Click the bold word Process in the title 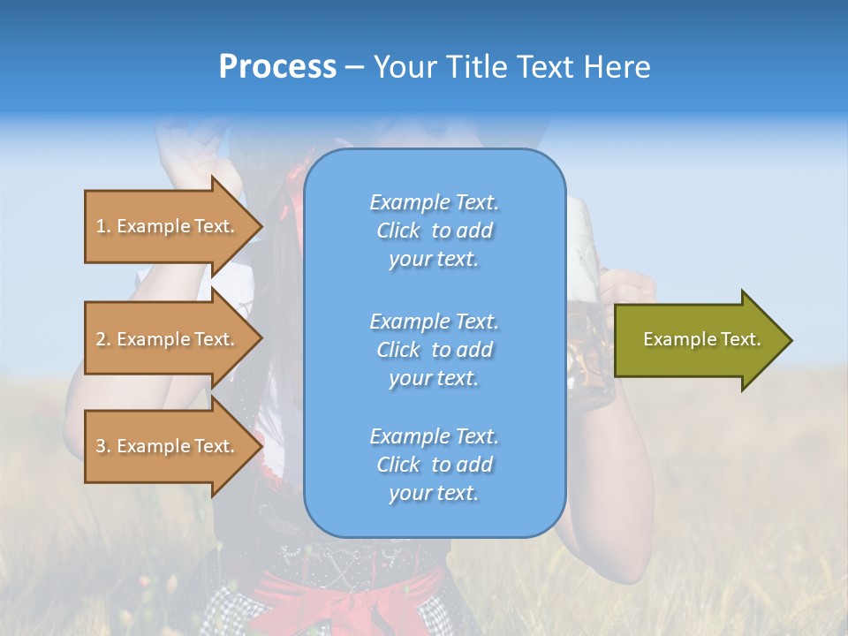click(x=277, y=67)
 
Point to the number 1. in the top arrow click(x=103, y=227)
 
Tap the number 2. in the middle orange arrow click(x=103, y=340)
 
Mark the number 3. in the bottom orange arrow click(x=103, y=447)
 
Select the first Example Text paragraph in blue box click(x=434, y=231)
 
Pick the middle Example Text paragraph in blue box click(x=434, y=350)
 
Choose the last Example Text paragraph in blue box click(x=434, y=465)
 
